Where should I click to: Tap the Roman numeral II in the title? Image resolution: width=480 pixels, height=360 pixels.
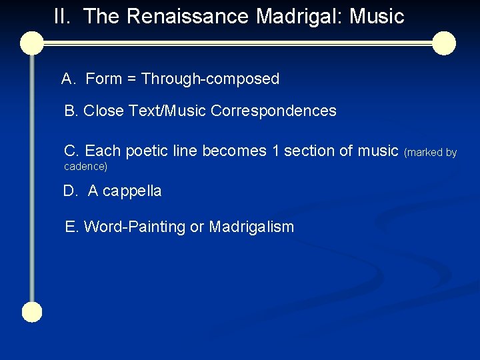point(62,17)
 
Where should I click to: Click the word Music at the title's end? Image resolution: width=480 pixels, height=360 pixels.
point(377,17)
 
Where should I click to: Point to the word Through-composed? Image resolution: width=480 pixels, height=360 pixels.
point(210,79)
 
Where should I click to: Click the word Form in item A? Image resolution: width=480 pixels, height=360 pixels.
point(103,79)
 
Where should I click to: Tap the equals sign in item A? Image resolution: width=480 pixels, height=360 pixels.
point(131,79)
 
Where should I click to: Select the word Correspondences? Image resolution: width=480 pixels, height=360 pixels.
point(273,111)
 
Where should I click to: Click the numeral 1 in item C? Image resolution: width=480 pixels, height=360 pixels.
point(275,151)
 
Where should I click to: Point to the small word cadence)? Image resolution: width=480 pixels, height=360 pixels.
point(85,166)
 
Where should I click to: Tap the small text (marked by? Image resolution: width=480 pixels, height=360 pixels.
point(430,153)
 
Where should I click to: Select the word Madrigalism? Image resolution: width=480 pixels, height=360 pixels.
point(251,227)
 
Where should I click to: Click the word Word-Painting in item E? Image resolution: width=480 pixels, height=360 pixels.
point(135,227)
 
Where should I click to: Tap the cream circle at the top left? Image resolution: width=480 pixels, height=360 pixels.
point(31,43)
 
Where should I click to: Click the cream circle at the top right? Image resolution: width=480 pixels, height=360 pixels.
point(443,43)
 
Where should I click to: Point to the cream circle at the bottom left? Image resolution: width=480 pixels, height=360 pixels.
point(31,312)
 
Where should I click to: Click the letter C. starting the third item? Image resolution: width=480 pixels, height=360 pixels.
point(71,151)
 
